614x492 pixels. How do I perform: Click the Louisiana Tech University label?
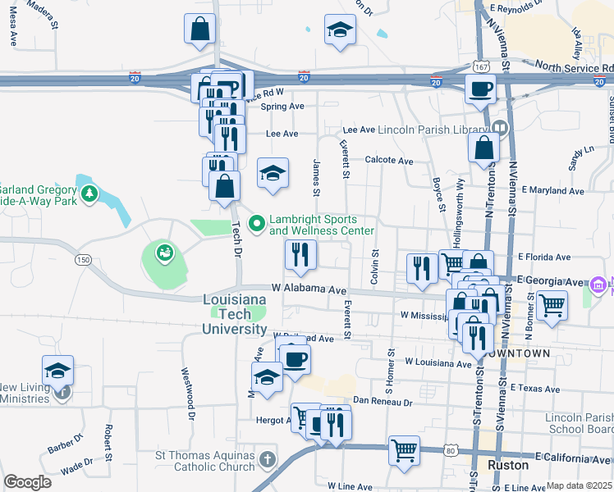coord(235,315)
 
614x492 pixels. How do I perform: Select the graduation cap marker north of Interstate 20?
coord(340,32)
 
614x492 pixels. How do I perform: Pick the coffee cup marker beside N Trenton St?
coord(481,89)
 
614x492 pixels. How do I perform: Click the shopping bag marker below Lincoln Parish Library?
coord(484,148)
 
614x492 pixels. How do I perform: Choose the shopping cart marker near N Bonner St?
coord(552,306)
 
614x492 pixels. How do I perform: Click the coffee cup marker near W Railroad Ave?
coord(295,358)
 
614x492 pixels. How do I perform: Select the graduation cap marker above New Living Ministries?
coord(57,371)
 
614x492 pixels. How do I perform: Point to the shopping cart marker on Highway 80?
coord(404,450)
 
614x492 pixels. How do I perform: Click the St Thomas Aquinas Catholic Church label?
coord(205,461)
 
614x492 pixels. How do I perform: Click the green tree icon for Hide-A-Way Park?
coord(89,194)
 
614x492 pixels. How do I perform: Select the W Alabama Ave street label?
coord(309,289)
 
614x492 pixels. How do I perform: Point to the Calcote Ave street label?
coord(389,162)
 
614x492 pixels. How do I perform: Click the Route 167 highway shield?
coord(482,65)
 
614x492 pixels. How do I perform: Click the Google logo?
coord(27,482)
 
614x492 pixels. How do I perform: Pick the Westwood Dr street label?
coord(186,393)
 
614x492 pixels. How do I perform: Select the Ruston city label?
coord(509,464)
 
